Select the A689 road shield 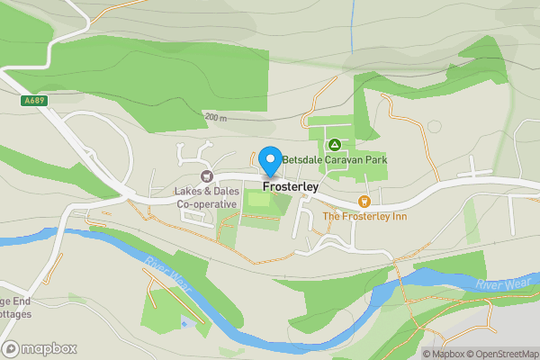point(35,102)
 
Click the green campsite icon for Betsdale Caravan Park point(334,144)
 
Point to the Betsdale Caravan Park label point(334,160)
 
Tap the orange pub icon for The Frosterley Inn point(364,202)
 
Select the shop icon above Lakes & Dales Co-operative point(207,176)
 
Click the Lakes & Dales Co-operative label point(206,197)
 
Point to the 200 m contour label point(216,118)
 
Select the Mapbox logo point(40,348)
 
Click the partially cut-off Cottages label point(15,314)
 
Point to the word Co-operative point(206,204)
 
